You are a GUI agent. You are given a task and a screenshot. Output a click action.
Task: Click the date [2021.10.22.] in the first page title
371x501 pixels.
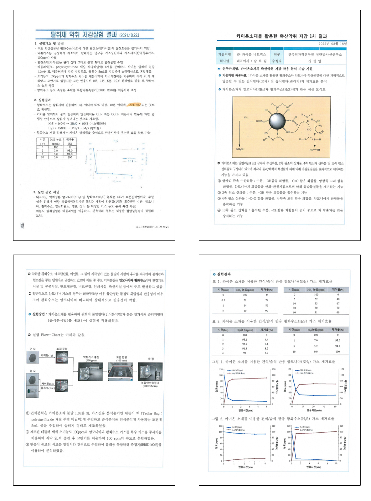[129, 35]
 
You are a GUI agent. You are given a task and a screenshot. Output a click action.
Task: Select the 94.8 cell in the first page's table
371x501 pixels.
[70, 154]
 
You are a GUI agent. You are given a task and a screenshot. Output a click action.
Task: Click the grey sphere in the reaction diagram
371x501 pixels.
[278, 121]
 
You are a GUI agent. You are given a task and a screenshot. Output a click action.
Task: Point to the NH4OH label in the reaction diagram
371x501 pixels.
[240, 149]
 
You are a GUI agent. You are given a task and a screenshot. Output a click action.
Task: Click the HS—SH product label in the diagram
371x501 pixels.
[315, 150]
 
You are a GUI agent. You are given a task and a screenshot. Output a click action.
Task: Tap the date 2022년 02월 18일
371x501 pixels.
[332, 44]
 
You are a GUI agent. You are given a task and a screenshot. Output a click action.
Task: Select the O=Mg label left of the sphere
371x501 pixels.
[262, 121]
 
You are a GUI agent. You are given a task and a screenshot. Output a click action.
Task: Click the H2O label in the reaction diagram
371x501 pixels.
[309, 129]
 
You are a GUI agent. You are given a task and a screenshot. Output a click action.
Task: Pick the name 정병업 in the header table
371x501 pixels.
[315, 61]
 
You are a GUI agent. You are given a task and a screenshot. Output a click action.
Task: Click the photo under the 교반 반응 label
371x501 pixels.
[120, 371]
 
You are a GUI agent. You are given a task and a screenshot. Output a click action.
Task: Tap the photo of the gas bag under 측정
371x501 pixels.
[150, 371]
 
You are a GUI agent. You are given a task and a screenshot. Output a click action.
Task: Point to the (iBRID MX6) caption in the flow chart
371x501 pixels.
[150, 386]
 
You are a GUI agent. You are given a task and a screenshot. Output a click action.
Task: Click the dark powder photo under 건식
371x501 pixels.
[33, 357]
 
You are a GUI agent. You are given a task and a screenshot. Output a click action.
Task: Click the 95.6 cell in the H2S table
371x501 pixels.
[245, 339]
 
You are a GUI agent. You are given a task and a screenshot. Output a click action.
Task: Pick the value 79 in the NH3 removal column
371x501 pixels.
[267, 300]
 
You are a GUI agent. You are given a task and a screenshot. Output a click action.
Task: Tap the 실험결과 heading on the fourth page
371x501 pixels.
[224, 274]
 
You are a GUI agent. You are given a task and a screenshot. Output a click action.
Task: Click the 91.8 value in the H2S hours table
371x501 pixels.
[245, 348]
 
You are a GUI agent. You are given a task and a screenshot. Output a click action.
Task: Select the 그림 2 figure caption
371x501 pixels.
[273, 419]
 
